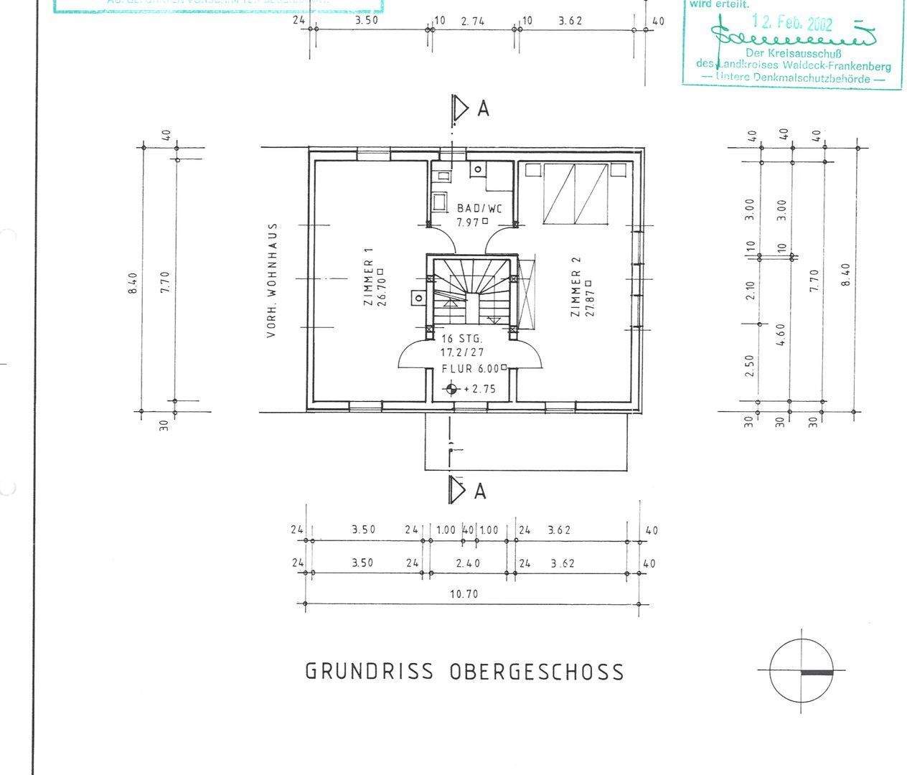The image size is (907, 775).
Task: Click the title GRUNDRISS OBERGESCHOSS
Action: click(464, 672)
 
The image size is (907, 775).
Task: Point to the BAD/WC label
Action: click(479, 209)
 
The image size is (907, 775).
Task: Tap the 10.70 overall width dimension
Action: click(463, 594)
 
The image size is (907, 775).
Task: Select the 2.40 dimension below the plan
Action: click(468, 563)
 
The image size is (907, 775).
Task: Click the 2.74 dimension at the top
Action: click(473, 22)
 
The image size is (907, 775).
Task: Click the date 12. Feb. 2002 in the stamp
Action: click(791, 24)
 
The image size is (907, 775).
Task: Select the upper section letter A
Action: click(483, 109)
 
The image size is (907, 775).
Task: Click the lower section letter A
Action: click(480, 491)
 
